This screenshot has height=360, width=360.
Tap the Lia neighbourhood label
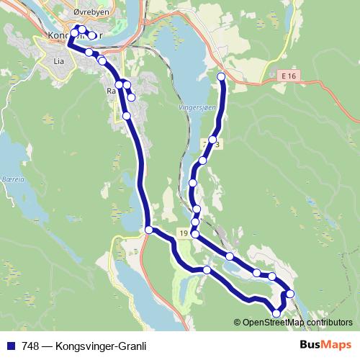(x=59, y=62)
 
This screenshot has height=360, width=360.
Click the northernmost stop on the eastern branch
(x=221, y=76)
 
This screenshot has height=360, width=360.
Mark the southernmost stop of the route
(x=276, y=312)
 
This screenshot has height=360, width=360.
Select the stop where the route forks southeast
(x=149, y=230)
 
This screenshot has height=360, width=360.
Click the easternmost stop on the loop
(x=290, y=293)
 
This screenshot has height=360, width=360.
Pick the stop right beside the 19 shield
(x=194, y=234)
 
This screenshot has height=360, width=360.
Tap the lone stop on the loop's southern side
(x=207, y=269)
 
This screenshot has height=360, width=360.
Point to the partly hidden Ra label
(x=111, y=91)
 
